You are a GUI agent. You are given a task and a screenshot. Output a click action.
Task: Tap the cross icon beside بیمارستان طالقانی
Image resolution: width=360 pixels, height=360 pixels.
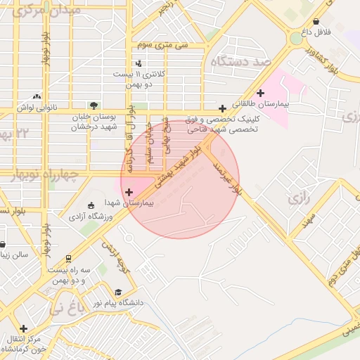[260, 93]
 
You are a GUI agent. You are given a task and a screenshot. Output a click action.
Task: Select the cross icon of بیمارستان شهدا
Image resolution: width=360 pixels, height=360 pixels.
[129, 191]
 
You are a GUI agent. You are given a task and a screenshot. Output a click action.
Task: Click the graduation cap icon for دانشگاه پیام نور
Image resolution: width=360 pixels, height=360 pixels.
[118, 292]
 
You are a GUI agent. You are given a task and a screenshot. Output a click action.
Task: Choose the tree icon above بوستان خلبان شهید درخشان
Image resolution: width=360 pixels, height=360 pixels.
[94, 105]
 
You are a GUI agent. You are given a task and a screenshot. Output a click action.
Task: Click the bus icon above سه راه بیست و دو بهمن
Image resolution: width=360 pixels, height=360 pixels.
[67, 259]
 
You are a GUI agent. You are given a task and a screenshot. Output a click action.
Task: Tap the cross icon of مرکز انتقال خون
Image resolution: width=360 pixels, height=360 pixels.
[24, 328]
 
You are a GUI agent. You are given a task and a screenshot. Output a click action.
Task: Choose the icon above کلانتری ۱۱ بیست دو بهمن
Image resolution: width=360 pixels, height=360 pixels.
[138, 63]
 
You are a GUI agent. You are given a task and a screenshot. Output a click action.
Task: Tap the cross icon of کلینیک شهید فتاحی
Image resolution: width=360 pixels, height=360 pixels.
[222, 108]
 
